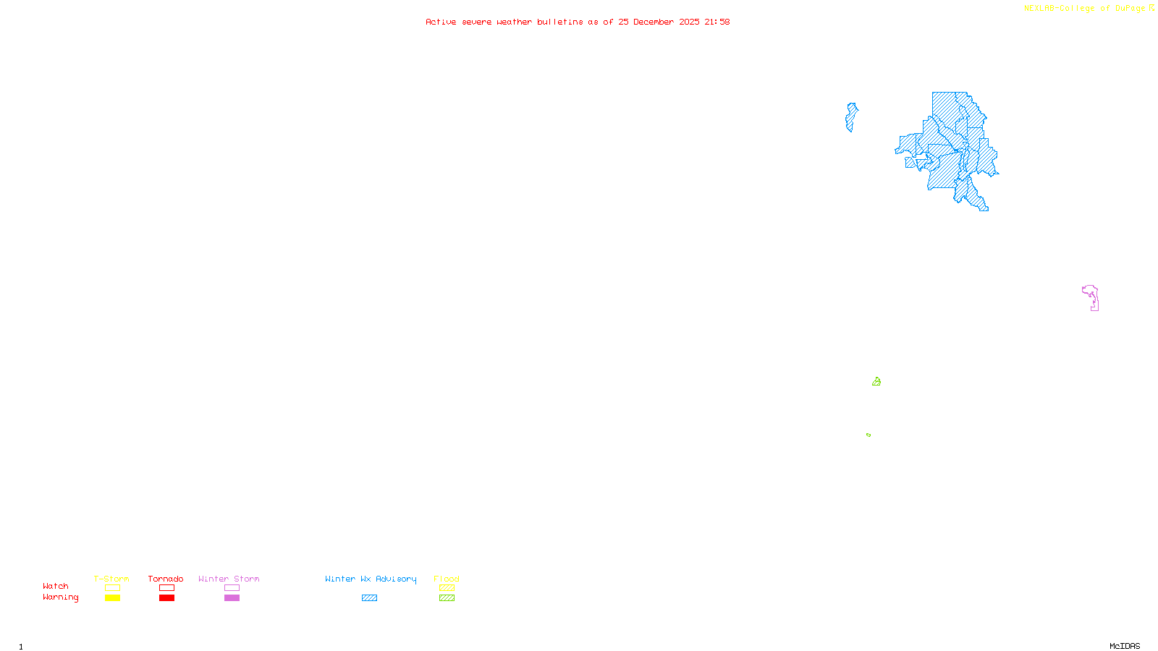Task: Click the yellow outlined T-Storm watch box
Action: (x=112, y=588)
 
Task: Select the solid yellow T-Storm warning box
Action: (x=112, y=598)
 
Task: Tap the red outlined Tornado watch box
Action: (x=166, y=588)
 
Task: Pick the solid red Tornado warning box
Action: (x=166, y=598)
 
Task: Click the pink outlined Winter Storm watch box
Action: (x=232, y=588)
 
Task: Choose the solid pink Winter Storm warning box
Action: (x=232, y=598)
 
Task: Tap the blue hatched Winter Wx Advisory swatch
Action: (x=369, y=598)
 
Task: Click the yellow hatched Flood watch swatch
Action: (x=447, y=588)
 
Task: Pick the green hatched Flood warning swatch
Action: (x=447, y=598)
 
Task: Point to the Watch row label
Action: (x=56, y=587)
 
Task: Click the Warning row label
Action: (x=60, y=597)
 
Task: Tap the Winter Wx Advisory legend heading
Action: (x=371, y=579)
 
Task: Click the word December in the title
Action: (x=654, y=22)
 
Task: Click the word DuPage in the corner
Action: (x=1130, y=9)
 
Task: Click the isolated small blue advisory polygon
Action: (x=851, y=117)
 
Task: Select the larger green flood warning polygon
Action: (x=876, y=382)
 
